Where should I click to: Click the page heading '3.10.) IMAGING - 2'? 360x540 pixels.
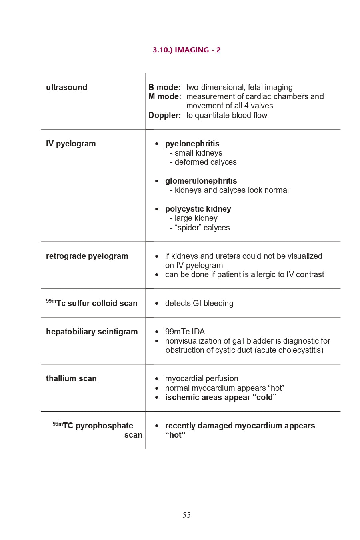point(186,50)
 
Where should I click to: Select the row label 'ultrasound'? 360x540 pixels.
point(66,87)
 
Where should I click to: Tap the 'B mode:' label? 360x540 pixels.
point(164,87)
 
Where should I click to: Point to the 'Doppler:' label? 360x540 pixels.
point(164,115)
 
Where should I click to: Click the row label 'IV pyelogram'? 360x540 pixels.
point(71,144)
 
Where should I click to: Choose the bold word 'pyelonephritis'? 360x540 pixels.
point(192,144)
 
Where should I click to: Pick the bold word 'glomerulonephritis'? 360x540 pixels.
point(201,181)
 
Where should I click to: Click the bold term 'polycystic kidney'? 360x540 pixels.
point(198,209)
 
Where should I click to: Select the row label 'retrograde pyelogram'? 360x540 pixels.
point(87,256)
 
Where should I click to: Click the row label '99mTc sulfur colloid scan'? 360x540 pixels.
point(92,303)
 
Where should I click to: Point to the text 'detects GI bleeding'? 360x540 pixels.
point(199,303)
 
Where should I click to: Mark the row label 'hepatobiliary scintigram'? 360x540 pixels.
point(92,332)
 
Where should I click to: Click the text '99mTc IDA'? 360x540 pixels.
point(185,332)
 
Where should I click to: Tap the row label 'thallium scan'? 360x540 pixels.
point(71,378)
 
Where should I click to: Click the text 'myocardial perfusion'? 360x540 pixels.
point(202,378)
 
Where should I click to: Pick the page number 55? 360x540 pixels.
point(186,515)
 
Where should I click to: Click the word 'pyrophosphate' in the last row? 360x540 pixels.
point(104,426)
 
